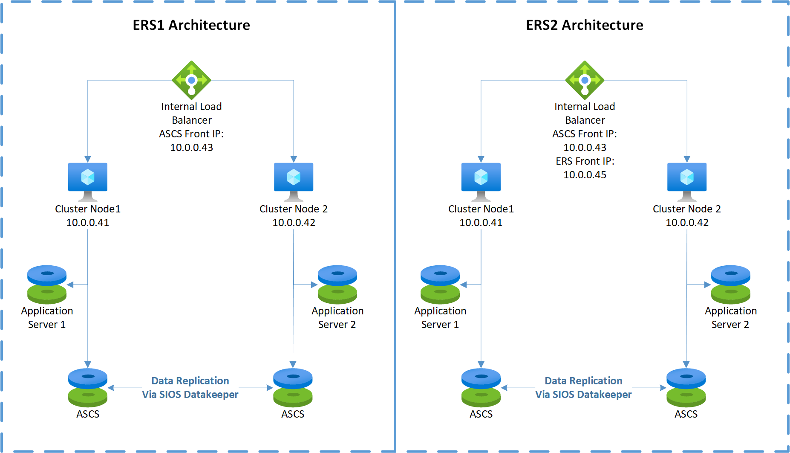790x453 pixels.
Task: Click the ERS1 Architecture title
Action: [x=191, y=25]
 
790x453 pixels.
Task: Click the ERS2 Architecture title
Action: [x=585, y=25]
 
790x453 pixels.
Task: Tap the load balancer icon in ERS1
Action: [x=191, y=80]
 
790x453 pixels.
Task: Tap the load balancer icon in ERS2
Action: [x=585, y=80]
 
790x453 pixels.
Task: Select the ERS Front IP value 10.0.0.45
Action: [x=585, y=175]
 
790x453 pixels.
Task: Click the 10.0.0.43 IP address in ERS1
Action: [x=191, y=148]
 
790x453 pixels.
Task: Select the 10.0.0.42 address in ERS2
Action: [x=687, y=223]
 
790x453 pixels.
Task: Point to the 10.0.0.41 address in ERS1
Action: [x=88, y=223]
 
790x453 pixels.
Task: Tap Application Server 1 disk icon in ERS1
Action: [x=47, y=284]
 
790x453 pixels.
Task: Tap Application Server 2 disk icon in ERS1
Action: [x=337, y=284]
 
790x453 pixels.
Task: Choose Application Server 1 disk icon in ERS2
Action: [x=440, y=284]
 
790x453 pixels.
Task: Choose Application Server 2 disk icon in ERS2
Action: [x=731, y=284]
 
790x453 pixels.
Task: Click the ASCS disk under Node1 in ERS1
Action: [x=88, y=387]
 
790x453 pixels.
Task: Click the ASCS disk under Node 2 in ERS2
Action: [x=686, y=387]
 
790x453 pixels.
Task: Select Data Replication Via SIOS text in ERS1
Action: [x=190, y=387]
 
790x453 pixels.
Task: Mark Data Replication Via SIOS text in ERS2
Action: [x=583, y=387]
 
